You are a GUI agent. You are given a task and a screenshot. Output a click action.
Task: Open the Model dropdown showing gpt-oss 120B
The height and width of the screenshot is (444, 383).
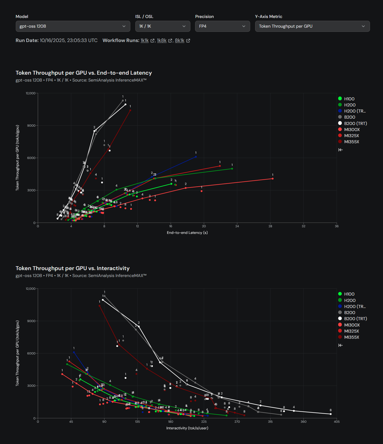(73, 26)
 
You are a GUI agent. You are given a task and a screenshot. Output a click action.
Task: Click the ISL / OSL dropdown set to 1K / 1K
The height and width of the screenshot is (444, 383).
(162, 26)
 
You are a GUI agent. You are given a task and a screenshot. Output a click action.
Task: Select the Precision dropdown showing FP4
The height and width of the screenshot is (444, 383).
(222, 26)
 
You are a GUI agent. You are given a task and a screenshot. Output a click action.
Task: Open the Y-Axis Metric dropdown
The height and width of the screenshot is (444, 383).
(312, 26)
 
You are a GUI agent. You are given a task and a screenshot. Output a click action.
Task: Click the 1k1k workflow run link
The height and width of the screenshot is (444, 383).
(145, 40)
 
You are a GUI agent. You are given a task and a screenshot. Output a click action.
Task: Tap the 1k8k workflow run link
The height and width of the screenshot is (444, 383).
(162, 40)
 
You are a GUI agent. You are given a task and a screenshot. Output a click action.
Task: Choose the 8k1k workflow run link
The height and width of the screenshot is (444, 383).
(180, 40)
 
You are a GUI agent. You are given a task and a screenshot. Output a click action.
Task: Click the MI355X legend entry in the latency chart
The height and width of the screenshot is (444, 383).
(351, 142)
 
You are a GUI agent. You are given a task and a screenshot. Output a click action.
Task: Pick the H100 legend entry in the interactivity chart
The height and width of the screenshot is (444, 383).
(349, 294)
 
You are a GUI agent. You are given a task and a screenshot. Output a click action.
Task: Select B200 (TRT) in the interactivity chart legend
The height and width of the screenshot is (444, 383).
(355, 319)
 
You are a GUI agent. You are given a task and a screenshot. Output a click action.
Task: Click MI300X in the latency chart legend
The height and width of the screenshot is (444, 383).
(352, 130)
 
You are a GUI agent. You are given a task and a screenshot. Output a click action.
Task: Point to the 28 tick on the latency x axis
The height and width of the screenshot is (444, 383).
(270, 226)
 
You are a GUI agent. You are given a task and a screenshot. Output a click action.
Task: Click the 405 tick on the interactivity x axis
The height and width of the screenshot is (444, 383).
(337, 422)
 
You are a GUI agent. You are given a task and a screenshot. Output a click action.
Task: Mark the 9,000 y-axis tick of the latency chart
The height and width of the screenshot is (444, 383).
(31, 126)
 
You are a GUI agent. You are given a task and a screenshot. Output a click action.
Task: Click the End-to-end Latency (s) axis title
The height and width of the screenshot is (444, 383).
(187, 233)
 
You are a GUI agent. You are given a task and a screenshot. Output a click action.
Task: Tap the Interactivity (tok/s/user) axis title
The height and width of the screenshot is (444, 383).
(187, 428)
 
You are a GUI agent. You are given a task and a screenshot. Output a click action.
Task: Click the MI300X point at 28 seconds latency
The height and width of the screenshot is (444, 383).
(273, 179)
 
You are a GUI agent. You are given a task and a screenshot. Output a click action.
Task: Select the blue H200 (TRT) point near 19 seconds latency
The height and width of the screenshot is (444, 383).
(196, 157)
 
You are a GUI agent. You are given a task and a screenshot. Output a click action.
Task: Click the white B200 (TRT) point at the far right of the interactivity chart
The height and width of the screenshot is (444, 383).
(331, 414)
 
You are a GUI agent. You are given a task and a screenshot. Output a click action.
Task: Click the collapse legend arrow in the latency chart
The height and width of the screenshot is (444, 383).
(341, 150)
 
